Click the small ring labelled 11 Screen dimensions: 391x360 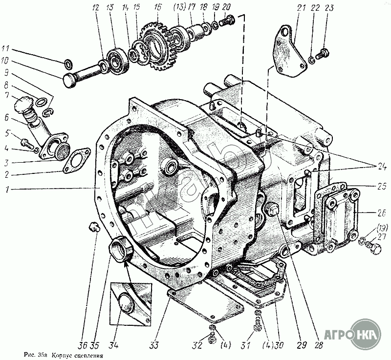pos(69,62)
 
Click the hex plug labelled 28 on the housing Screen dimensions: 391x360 pos(273,211)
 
